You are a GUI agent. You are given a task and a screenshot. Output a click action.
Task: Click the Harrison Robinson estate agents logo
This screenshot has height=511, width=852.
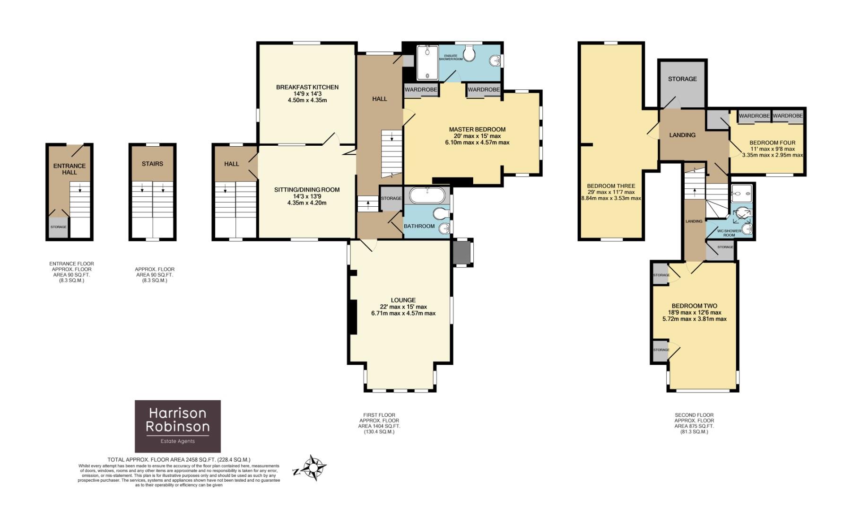(x=177, y=426)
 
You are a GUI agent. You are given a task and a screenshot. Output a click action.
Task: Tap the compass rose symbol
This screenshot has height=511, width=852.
(x=313, y=468)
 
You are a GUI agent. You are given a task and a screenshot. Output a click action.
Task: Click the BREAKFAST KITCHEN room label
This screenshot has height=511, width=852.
(x=307, y=87)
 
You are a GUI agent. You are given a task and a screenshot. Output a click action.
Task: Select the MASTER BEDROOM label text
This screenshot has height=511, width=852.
(x=477, y=129)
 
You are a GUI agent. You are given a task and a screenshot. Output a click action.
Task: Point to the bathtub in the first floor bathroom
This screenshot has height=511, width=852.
(x=427, y=195)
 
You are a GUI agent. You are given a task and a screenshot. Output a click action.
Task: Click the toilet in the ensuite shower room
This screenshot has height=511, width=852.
(x=469, y=54)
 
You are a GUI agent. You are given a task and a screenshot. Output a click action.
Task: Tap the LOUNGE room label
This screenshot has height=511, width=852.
(x=403, y=300)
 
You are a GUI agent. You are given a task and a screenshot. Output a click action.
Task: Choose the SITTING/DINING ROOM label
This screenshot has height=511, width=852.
(x=307, y=190)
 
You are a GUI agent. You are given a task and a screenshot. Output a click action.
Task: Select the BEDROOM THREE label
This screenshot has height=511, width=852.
(x=611, y=186)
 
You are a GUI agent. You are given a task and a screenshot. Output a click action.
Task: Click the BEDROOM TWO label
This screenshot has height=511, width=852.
(x=694, y=306)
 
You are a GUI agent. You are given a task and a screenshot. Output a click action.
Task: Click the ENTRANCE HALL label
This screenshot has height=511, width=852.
(x=70, y=169)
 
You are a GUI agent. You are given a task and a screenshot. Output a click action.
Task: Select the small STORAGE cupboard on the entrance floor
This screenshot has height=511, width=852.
(x=59, y=228)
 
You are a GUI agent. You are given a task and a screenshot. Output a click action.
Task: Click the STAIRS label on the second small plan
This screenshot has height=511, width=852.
(x=152, y=164)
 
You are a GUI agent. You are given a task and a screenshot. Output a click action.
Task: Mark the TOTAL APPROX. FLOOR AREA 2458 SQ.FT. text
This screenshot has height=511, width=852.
(x=179, y=459)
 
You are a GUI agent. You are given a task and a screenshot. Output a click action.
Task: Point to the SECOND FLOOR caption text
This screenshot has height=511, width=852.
(x=694, y=415)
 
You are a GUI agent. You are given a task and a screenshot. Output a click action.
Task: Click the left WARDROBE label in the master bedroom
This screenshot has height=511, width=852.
(x=420, y=89)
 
